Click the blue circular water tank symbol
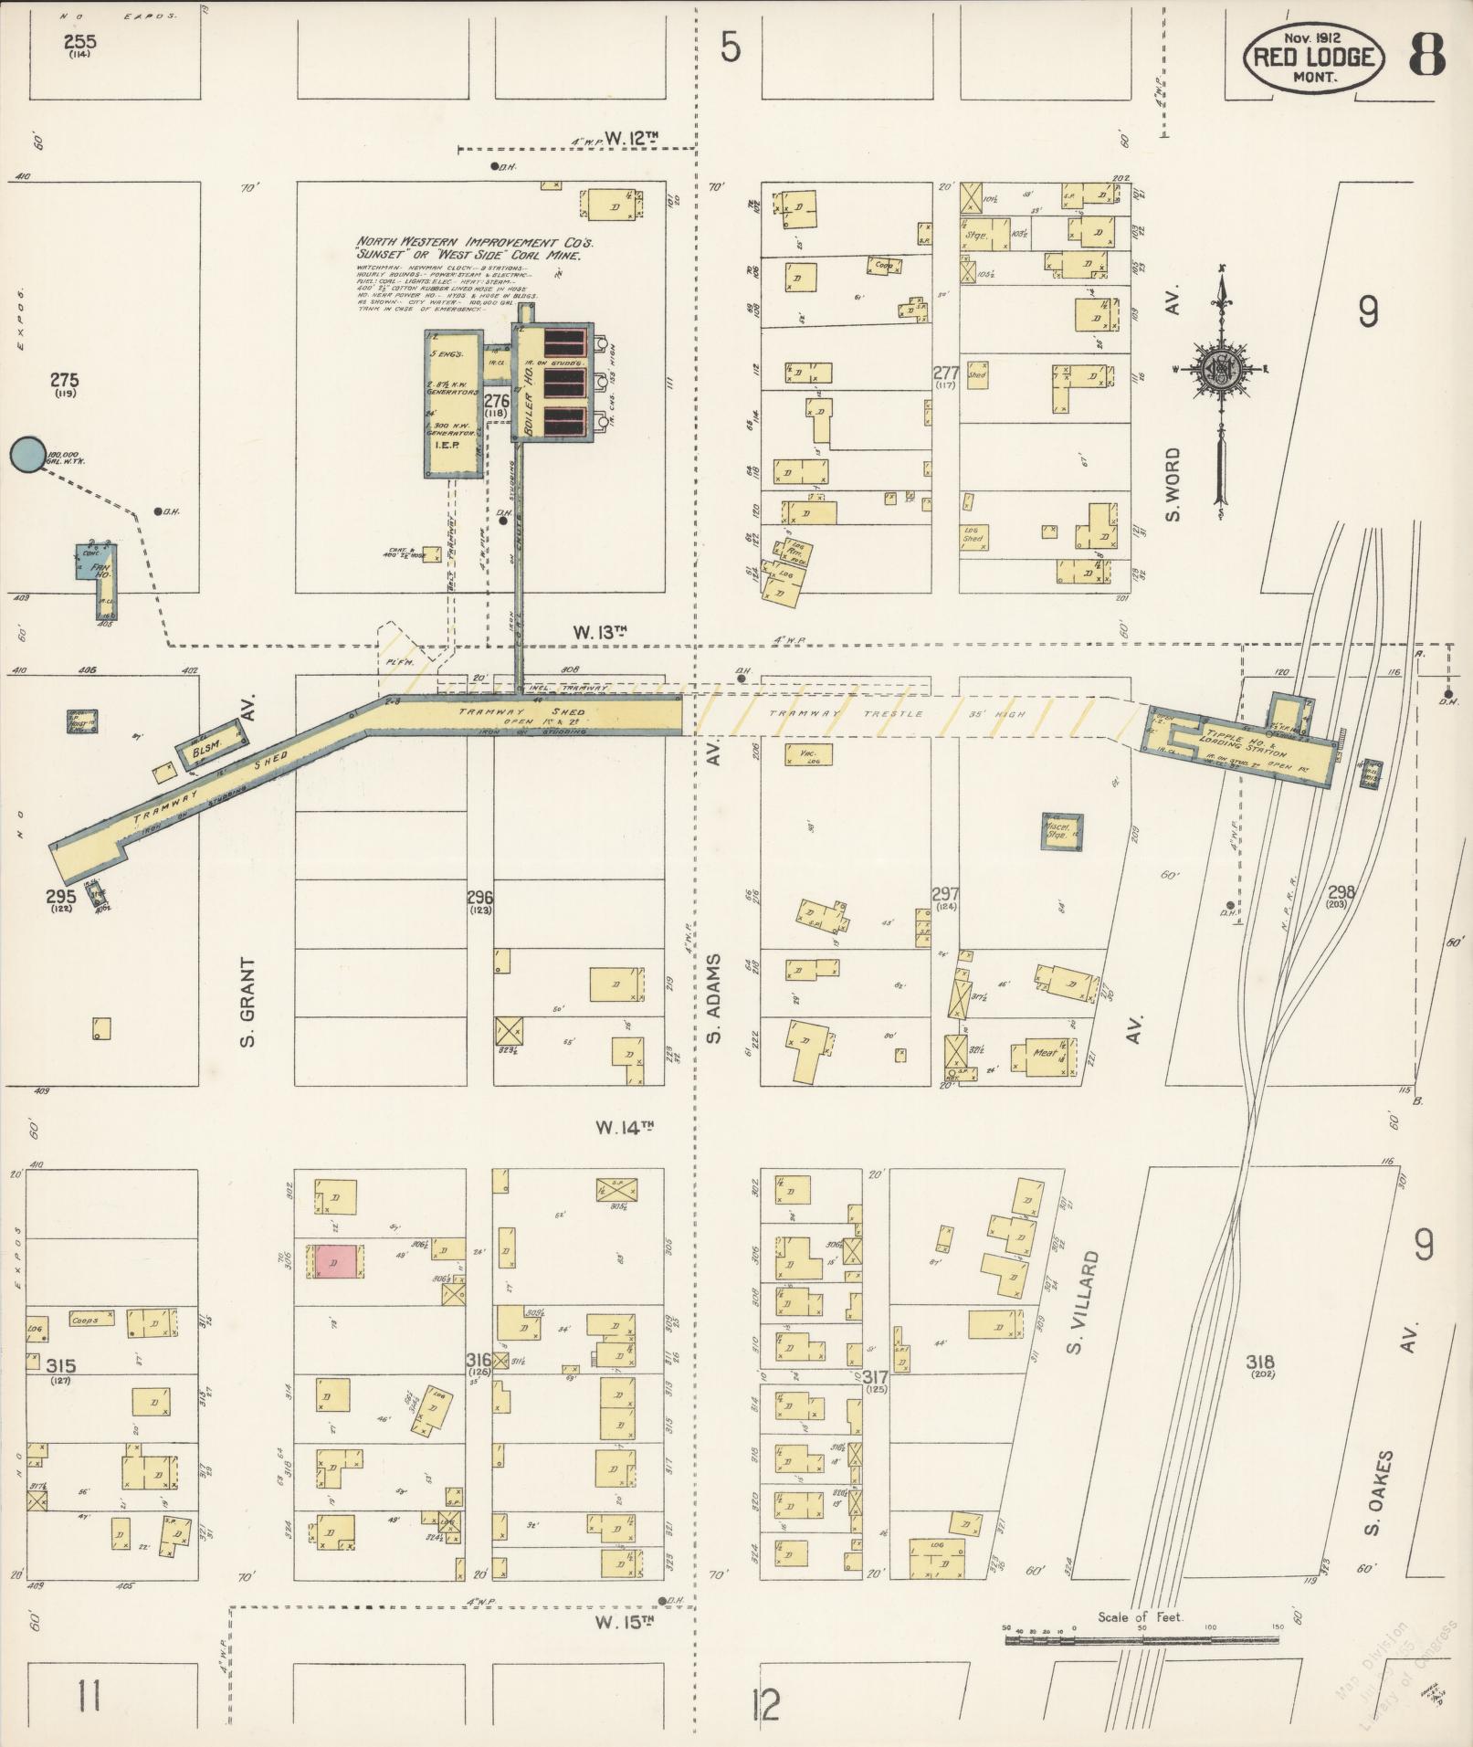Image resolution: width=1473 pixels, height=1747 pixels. [x=26, y=454]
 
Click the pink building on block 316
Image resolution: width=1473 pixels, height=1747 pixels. [x=334, y=1262]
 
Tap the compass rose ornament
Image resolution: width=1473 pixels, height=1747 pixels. [x=1220, y=370]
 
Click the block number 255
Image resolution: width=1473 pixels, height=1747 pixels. [x=79, y=42]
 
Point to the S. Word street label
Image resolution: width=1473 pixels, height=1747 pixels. [x=1173, y=484]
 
